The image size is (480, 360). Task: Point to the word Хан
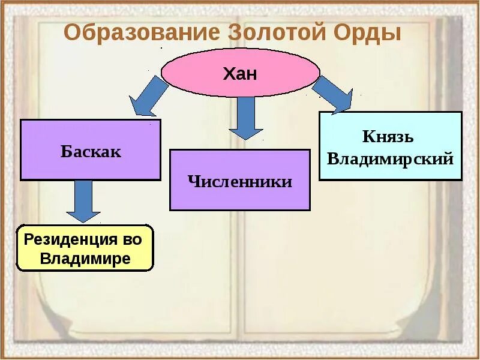click(240, 74)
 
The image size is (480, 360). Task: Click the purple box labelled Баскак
click(91, 150)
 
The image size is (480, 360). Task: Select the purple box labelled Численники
click(240, 180)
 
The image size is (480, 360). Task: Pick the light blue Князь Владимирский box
click(390, 146)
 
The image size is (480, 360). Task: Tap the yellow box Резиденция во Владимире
click(85, 248)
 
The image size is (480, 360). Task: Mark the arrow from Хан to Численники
click(245, 117)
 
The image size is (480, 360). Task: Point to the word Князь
click(388, 137)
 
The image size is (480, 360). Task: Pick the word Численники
click(240, 181)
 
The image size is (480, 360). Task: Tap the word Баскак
click(91, 151)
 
